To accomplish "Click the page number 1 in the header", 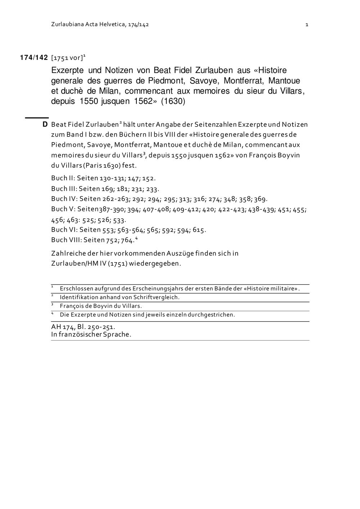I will (x=307, y=24).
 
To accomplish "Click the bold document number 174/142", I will (x=34, y=58).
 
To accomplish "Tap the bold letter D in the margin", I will (x=45, y=125).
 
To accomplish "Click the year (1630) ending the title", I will (x=173, y=101).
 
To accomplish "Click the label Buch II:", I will (x=63, y=178).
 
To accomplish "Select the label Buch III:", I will (x=64, y=189).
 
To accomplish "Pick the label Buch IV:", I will (x=64, y=199).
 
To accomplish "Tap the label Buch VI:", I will (x=64, y=230).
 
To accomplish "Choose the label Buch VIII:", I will (x=66, y=240).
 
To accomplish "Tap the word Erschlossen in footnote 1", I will (x=76, y=289).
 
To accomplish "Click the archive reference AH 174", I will (x=62, y=327).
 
